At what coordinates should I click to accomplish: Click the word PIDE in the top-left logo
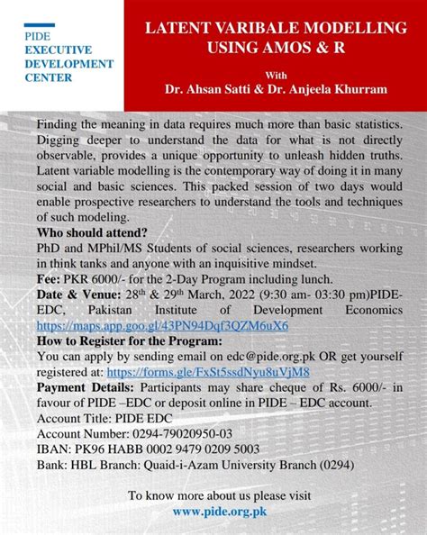(x=40, y=36)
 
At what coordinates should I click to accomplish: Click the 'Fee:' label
(x=50, y=278)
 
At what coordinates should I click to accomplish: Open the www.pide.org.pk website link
(x=220, y=511)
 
